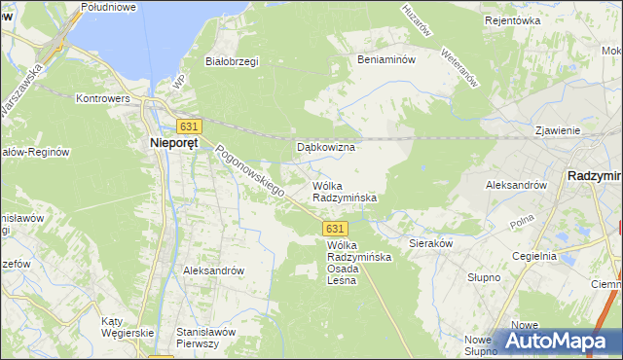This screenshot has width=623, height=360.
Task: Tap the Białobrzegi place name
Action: click(231, 61)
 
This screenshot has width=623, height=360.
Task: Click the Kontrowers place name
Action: click(104, 98)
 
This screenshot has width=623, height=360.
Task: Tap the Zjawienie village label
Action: click(558, 130)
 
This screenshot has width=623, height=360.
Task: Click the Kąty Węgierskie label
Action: click(128, 327)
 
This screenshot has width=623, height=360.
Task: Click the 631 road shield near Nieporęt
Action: click(189, 126)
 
